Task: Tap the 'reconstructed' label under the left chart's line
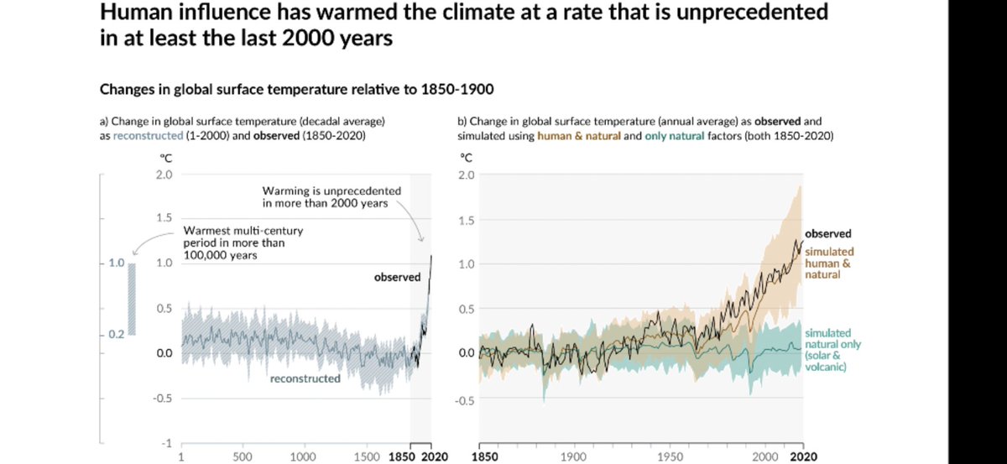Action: [305, 378]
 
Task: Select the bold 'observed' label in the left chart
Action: [397, 278]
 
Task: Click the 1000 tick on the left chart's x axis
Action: [302, 457]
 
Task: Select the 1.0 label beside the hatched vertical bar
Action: [115, 263]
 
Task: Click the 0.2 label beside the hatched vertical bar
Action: [115, 335]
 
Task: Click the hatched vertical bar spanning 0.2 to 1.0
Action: [131, 300]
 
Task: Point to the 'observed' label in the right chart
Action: [828, 234]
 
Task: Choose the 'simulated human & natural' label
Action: [830, 263]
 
